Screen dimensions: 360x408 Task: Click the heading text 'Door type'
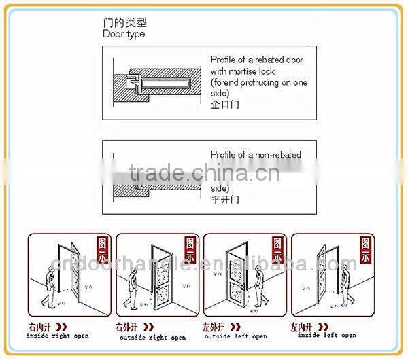(124, 34)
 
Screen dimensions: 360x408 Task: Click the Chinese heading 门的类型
(124, 22)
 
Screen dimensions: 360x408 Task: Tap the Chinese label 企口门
(224, 105)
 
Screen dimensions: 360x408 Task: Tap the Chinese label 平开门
(224, 200)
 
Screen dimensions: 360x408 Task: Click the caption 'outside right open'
(152, 337)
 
